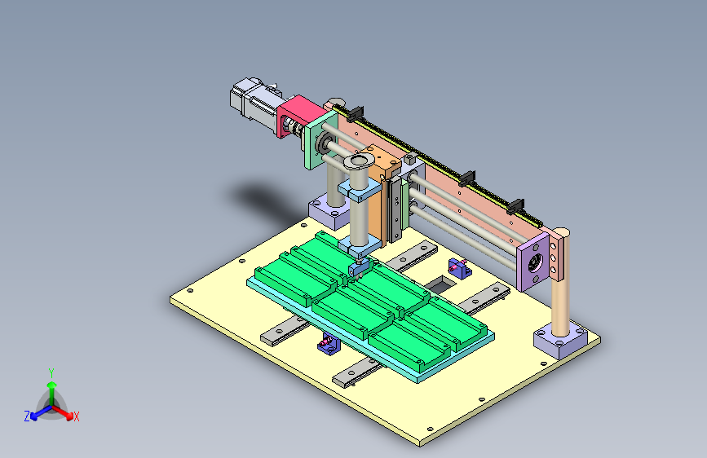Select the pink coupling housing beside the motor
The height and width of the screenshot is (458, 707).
[295, 114]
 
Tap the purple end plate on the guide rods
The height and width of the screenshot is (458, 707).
[533, 262]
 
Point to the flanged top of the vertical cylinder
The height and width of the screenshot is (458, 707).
[359, 161]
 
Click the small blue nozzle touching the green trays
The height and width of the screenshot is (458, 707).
[358, 269]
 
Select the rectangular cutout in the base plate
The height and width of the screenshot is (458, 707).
[441, 284]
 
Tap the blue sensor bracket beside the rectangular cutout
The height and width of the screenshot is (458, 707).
[460, 268]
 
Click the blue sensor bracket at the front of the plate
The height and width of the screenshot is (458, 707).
[329, 344]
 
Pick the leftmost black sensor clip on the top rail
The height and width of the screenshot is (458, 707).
[356, 113]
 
